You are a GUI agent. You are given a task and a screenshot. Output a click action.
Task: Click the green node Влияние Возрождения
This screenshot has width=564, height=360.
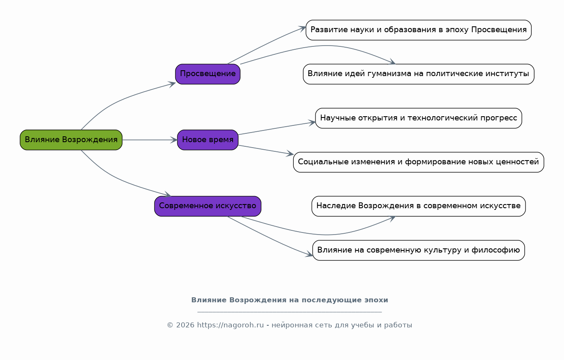click(x=71, y=140)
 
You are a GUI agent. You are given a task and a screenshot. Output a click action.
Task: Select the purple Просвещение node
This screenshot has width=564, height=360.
click(x=208, y=74)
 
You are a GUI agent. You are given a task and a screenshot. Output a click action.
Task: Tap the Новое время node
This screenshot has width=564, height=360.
click(x=208, y=140)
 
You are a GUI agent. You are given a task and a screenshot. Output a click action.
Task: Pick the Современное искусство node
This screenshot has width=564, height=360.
click(x=208, y=206)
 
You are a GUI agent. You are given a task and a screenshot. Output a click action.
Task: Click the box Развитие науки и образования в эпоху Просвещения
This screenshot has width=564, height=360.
click(x=418, y=30)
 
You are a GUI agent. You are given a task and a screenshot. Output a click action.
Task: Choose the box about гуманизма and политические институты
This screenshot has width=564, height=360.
click(x=418, y=74)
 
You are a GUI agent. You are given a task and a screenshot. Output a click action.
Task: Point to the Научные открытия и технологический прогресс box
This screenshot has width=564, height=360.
click(x=418, y=118)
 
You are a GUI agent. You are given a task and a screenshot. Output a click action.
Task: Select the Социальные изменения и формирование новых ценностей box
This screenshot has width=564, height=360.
click(x=418, y=162)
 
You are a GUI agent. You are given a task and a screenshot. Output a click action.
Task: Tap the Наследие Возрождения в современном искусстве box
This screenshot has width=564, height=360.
click(x=418, y=206)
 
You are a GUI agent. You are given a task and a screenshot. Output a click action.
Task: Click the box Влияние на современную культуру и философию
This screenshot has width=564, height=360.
click(x=418, y=250)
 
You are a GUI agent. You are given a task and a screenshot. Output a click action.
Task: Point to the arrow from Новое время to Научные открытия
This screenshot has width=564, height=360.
click(x=276, y=128)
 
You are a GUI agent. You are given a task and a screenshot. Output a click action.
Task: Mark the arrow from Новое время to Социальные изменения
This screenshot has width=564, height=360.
click(x=266, y=150)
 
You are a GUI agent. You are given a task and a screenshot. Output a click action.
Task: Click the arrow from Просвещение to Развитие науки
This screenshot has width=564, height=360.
click(x=266, y=45)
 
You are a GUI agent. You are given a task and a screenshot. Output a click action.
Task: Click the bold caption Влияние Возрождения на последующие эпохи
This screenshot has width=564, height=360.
click(x=290, y=300)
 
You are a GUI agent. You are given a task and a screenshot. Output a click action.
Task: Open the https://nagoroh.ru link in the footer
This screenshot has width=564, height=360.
click(x=230, y=325)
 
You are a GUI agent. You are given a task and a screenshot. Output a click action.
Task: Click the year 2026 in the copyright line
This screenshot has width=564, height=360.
click(x=185, y=325)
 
